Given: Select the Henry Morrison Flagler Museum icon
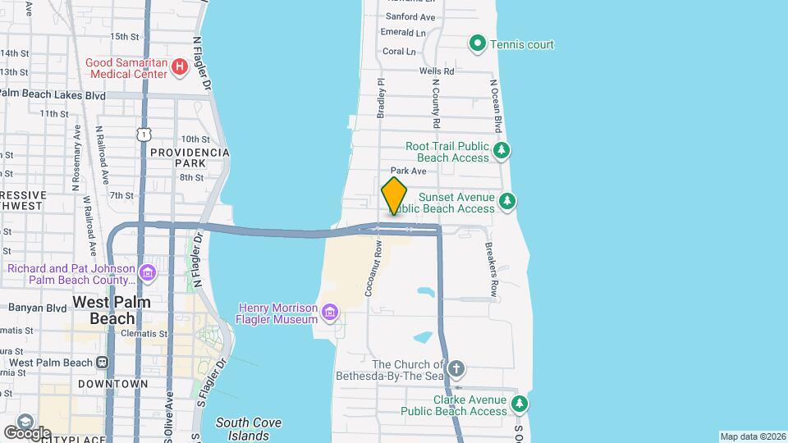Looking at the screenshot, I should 330,312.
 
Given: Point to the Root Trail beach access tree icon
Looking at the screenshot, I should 502,151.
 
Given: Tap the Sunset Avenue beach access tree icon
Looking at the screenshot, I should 508,201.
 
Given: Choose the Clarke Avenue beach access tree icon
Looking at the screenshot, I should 519,404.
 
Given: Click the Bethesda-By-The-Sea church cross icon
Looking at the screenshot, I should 457,368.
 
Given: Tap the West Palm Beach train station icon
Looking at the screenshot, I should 103,363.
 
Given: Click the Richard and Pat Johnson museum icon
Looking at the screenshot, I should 148,272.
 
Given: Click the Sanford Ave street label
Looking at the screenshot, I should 410,16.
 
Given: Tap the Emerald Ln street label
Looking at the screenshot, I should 404,34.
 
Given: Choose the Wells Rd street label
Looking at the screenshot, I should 437,72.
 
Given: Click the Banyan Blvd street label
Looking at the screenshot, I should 37,308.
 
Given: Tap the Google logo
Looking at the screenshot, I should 27,432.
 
